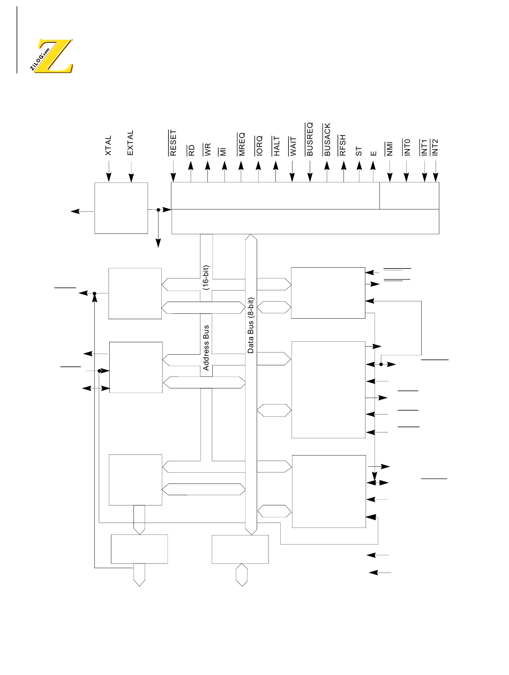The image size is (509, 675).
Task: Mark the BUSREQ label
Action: point(310,138)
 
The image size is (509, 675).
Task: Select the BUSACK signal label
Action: point(327,140)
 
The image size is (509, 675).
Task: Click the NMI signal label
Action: point(390,148)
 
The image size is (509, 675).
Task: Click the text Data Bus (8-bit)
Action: point(251,325)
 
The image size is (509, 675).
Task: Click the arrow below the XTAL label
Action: point(108,170)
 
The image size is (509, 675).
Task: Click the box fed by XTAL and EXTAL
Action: point(121,208)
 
